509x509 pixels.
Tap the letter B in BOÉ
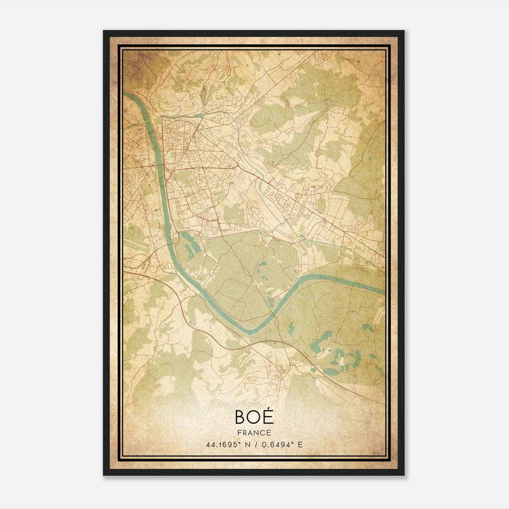coord(241,417)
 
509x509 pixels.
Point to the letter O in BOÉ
coord(254,417)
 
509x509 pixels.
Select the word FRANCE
coord(254,433)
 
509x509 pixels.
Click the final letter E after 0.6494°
coord(300,444)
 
